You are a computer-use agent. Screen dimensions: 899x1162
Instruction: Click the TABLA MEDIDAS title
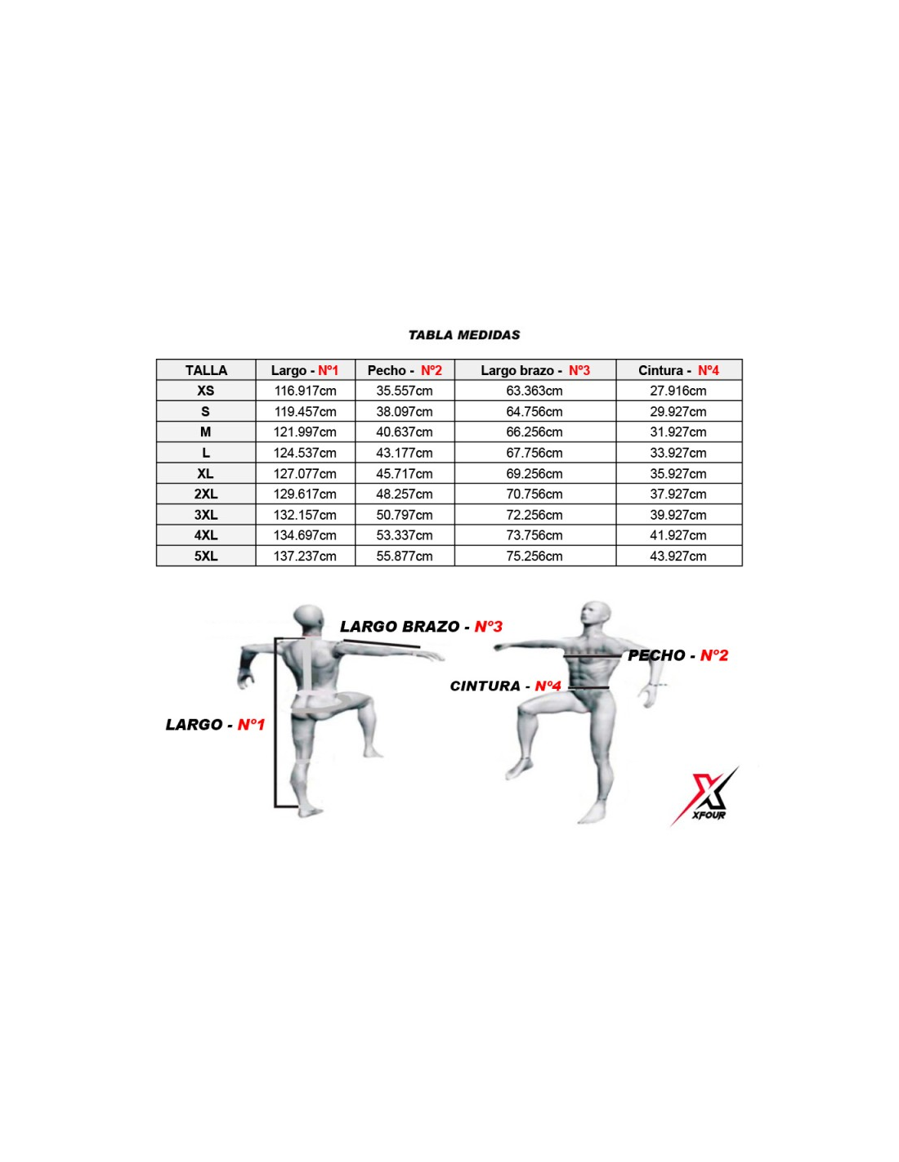pyautogui.click(x=463, y=335)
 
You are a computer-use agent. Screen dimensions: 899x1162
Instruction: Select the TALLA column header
pyautogui.click(x=206, y=370)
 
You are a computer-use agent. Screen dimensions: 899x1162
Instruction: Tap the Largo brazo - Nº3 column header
pyautogui.click(x=534, y=370)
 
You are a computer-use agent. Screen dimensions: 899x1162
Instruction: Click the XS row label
pyautogui.click(x=206, y=391)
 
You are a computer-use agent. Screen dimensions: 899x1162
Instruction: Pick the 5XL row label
pyautogui.click(x=206, y=556)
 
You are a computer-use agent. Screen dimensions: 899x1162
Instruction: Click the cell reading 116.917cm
pyautogui.click(x=306, y=391)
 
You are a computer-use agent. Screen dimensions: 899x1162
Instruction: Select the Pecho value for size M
pyautogui.click(x=405, y=432)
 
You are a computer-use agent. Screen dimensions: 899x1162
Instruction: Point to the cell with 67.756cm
pyautogui.click(x=534, y=453)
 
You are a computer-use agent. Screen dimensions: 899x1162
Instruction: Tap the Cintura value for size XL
pyautogui.click(x=678, y=474)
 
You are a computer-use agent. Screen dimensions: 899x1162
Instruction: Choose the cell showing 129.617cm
pyautogui.click(x=306, y=494)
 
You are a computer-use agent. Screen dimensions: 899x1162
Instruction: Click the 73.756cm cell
pyautogui.click(x=534, y=535)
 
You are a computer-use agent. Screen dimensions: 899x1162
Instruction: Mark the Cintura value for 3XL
pyautogui.click(x=678, y=515)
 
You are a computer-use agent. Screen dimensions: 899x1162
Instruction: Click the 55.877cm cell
pyautogui.click(x=405, y=556)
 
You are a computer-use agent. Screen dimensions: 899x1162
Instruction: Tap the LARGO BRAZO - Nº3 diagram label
pyautogui.click(x=422, y=626)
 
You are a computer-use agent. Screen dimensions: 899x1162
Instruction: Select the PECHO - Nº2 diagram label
pyautogui.click(x=678, y=655)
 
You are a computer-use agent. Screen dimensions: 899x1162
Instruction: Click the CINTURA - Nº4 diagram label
pyautogui.click(x=505, y=686)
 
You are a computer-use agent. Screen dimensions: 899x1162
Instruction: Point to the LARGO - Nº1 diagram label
pyautogui.click(x=215, y=725)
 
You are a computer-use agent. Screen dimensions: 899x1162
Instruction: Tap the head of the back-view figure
pyautogui.click(x=309, y=619)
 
